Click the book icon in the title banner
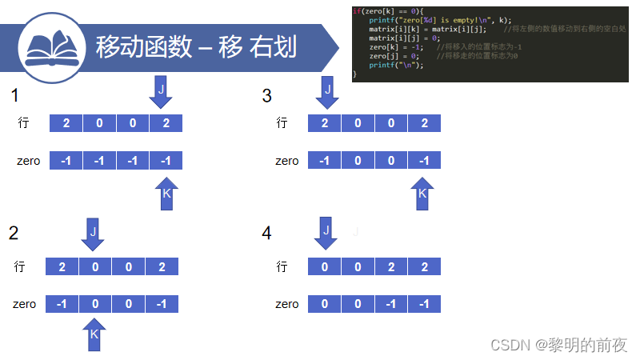(x=53, y=46)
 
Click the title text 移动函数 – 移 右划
(x=196, y=47)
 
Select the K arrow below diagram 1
(x=166, y=194)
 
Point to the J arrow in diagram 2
(x=93, y=232)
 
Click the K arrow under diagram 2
(x=94, y=334)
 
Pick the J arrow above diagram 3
(x=326, y=90)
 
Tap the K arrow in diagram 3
(x=422, y=194)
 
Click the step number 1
(x=14, y=96)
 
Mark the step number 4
(x=266, y=233)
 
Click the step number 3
(x=266, y=96)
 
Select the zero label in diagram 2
(x=24, y=304)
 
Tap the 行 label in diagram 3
(x=282, y=123)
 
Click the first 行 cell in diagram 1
(x=66, y=123)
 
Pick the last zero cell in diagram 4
(x=423, y=304)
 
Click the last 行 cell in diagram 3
(x=423, y=123)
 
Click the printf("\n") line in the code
(x=395, y=65)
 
